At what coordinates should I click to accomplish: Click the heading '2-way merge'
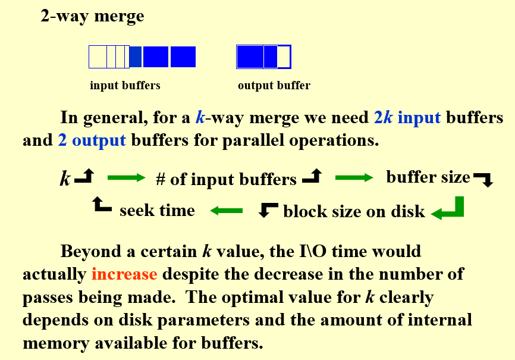92,16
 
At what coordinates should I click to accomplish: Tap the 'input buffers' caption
125,85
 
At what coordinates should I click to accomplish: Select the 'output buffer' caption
274,85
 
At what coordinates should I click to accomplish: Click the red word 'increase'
124,274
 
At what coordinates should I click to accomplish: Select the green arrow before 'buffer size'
354,177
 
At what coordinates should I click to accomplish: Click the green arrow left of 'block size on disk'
226,210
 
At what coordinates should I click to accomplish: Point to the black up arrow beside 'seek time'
102,206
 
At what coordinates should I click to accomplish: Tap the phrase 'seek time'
157,210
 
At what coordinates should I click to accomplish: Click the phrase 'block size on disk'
354,211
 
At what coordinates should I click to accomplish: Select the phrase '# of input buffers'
226,179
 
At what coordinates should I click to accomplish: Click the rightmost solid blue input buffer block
183,57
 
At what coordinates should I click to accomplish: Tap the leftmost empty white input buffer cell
98,57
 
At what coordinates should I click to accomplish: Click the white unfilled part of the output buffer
284,57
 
